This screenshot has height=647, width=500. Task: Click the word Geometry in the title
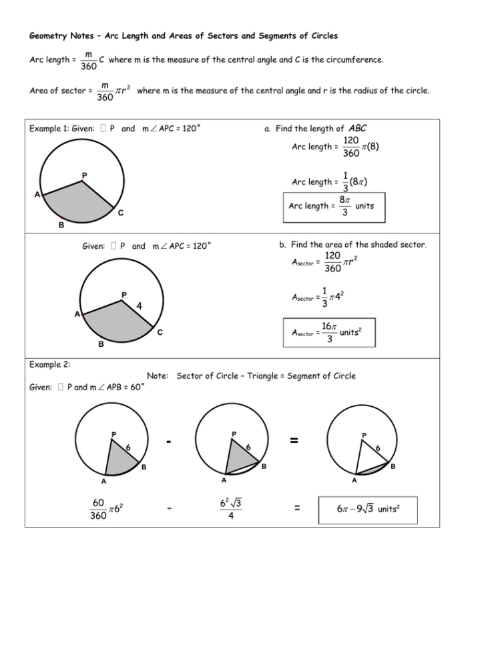point(51,35)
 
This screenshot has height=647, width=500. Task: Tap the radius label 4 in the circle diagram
point(139,306)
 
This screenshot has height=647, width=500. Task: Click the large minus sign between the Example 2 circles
point(172,441)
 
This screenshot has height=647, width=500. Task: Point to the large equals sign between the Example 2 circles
point(294,441)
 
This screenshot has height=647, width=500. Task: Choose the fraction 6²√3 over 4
point(230,510)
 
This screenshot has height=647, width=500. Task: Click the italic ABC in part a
point(358,129)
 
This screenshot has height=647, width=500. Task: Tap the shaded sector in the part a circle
point(77,200)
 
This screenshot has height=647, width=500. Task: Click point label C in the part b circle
point(160,333)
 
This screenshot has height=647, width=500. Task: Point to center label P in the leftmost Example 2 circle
point(113,435)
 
